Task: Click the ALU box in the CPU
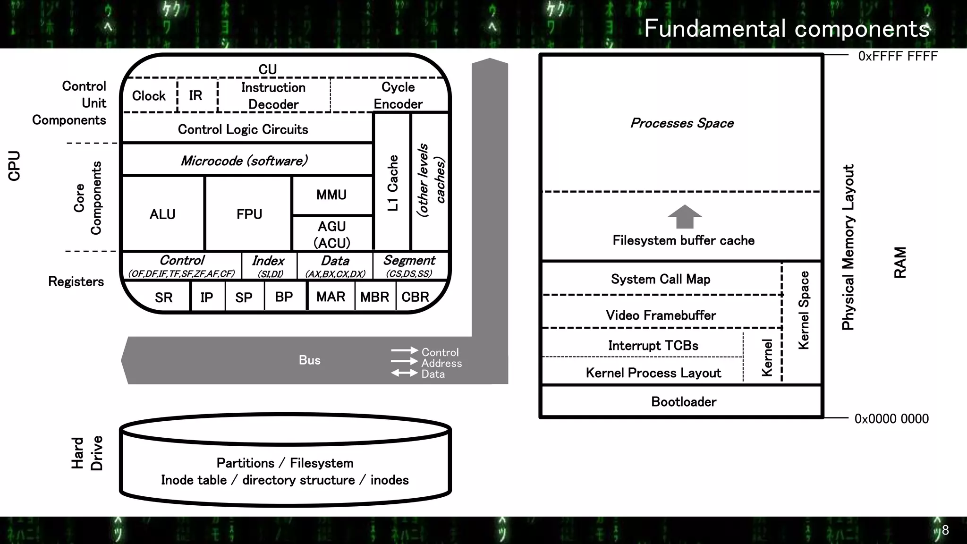162,214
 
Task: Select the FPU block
249,214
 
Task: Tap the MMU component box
332,195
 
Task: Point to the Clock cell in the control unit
149,96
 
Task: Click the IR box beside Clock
196,96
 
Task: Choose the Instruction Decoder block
273,96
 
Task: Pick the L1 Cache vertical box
392,182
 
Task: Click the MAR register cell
331,297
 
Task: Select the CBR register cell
415,297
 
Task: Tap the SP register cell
244,297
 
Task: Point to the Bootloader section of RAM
683,402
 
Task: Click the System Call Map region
661,279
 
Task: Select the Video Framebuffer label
661,315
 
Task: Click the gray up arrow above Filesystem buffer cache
685,217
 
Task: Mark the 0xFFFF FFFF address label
898,56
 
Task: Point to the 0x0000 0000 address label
891,419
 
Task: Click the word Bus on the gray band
310,360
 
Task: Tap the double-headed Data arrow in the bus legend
404,374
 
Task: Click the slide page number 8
945,530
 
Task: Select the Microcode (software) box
244,161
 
